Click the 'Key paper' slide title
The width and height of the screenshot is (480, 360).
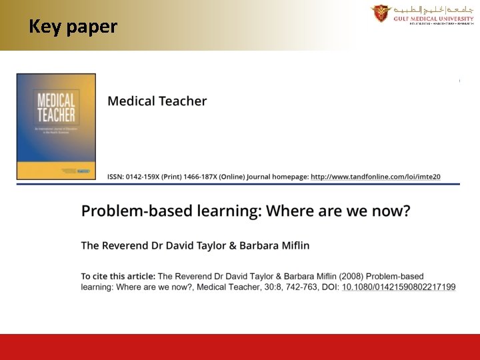pos(73,27)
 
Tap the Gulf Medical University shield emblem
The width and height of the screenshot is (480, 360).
pos(381,13)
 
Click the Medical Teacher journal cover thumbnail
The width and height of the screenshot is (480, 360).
pos(57,127)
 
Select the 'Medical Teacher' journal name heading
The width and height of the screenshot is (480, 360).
pos(157,101)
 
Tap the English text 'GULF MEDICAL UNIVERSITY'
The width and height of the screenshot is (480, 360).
pos(433,19)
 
